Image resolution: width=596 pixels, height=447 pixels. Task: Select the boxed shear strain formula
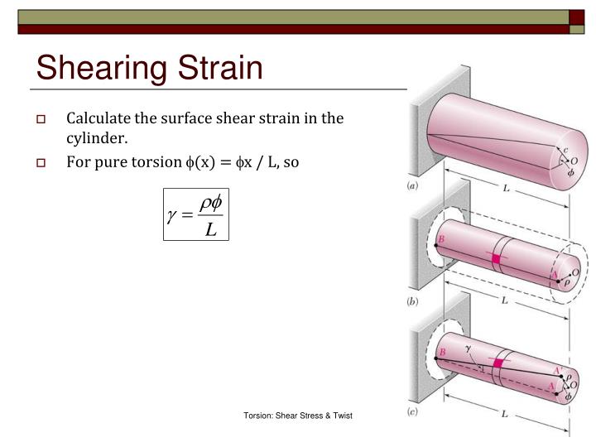point(196,214)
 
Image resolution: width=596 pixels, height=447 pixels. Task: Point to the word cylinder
point(98,138)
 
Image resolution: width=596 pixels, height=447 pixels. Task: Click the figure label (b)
point(412,302)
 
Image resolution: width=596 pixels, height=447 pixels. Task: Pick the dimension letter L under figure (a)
point(506,190)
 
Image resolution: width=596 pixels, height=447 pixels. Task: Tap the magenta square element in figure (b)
point(497,258)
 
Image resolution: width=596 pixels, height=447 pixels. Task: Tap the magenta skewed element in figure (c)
point(498,363)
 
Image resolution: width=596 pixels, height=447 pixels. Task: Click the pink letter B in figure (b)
point(442,238)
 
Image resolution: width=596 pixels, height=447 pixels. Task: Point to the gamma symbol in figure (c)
point(467,349)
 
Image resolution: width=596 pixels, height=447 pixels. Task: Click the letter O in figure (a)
point(574,160)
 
